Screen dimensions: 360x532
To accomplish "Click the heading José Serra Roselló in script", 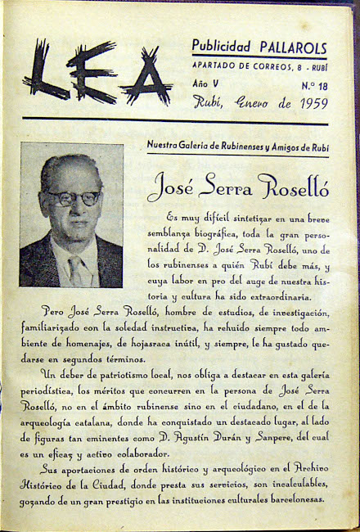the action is [239, 187].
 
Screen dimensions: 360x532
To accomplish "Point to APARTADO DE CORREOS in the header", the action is [232, 65].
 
